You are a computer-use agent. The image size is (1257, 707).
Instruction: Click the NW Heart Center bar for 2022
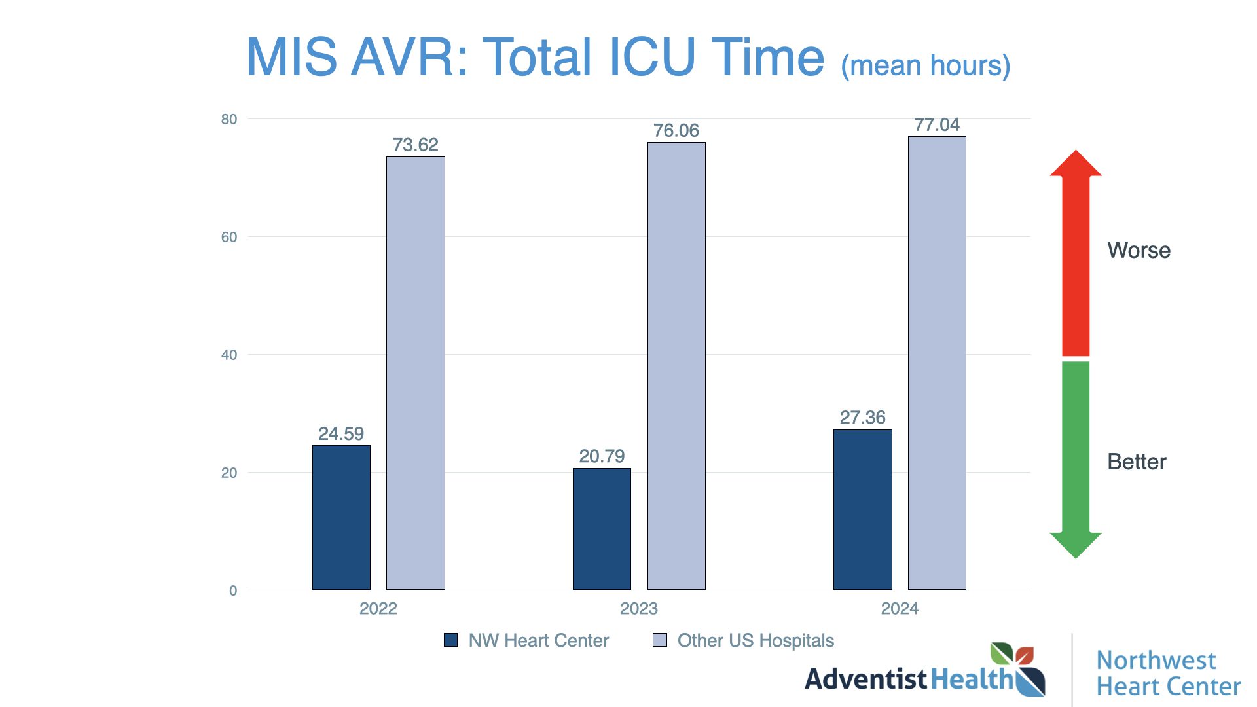coord(341,517)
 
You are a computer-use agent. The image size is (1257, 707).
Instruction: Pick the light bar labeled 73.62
coord(415,372)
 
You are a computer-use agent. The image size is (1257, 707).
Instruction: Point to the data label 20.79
coord(602,456)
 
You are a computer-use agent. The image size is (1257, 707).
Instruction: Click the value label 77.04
coord(936,124)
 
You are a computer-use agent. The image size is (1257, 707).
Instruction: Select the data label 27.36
coord(862,417)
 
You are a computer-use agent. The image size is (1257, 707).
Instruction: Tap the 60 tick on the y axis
coord(229,237)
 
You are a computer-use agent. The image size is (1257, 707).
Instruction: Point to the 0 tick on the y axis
coord(233,590)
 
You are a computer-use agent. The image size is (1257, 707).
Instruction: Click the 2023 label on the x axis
coord(638,608)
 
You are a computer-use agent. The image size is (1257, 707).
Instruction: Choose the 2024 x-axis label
coord(900,608)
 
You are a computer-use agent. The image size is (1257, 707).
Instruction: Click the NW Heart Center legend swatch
coord(450,640)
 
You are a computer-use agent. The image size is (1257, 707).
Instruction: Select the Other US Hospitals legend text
coord(756,640)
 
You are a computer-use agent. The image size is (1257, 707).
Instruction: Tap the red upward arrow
coord(1076,255)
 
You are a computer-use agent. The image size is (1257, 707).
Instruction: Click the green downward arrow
coord(1076,458)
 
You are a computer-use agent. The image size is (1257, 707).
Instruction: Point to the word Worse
coord(1139,250)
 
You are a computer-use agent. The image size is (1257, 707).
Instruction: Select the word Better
coord(1137,462)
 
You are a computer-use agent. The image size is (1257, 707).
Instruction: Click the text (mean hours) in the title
coord(925,65)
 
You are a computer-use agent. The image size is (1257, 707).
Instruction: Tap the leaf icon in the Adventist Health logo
coord(1019,668)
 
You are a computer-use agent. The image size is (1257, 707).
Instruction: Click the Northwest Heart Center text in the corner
coord(1168,673)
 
